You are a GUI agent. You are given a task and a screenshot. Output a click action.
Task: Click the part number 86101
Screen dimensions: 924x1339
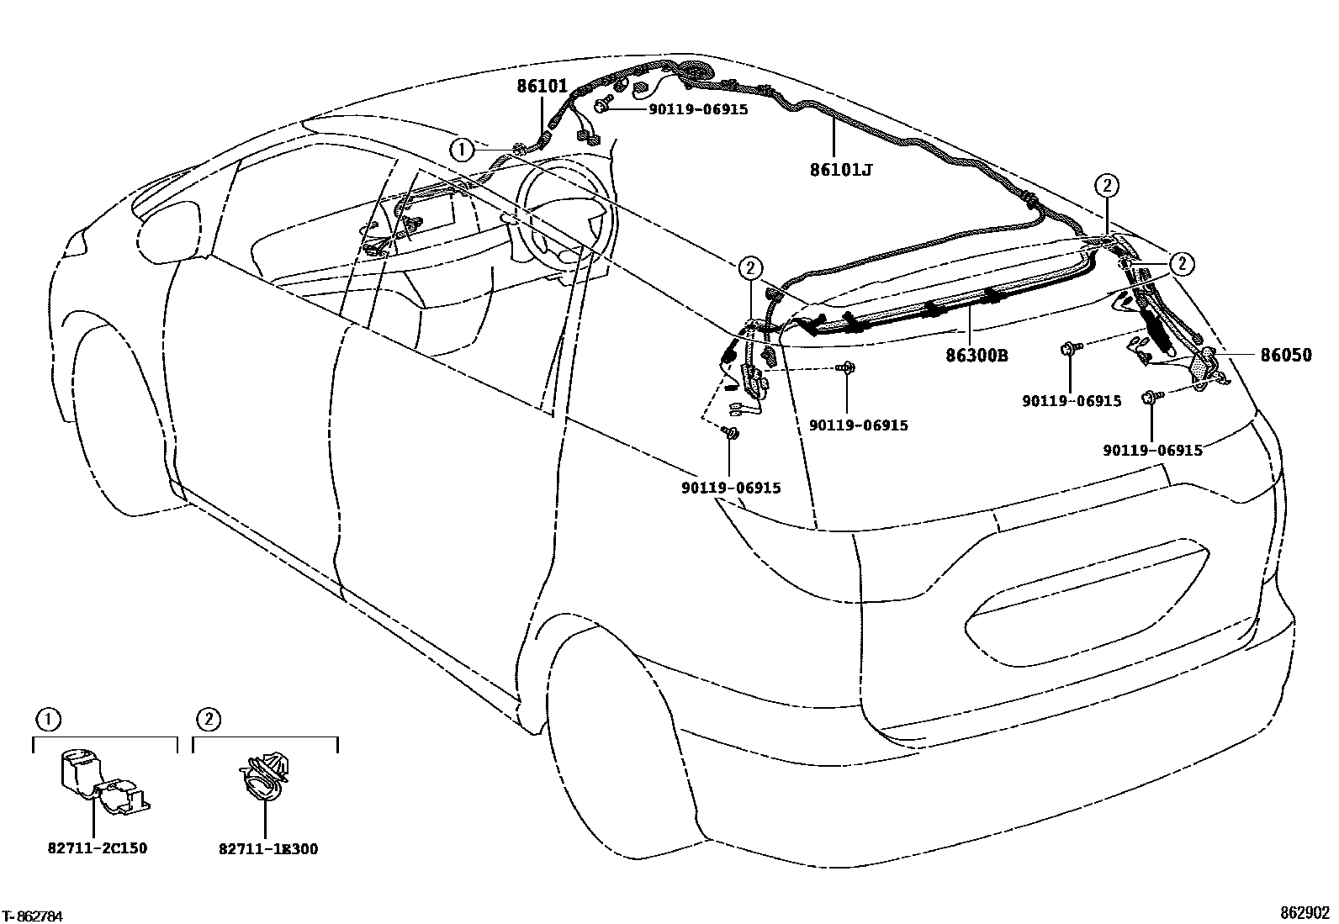(x=542, y=86)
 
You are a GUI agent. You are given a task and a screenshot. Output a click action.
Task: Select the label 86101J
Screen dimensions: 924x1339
(x=840, y=171)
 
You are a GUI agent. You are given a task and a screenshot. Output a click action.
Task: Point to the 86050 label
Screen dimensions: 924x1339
(x=1285, y=356)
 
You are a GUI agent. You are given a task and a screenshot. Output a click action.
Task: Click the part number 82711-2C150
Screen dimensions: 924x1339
(x=98, y=848)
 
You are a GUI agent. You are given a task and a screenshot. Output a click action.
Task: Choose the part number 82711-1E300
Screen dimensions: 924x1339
(x=268, y=849)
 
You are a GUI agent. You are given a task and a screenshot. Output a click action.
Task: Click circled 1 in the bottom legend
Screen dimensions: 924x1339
(x=48, y=720)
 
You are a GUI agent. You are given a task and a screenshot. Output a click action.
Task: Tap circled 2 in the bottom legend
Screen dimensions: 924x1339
(x=208, y=720)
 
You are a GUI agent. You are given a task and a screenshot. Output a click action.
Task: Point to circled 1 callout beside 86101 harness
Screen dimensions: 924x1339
(x=461, y=150)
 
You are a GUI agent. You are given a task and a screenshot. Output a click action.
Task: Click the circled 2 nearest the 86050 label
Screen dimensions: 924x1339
(x=1182, y=263)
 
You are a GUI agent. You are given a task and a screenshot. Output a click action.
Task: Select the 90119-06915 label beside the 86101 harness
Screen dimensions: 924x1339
(x=697, y=109)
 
